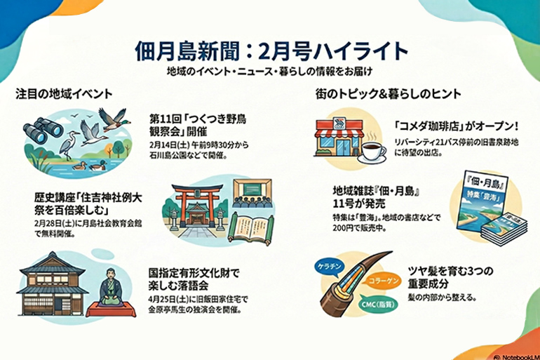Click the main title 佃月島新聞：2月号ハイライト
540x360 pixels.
coord(271,51)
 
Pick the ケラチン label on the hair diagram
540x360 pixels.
coord(332,268)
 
